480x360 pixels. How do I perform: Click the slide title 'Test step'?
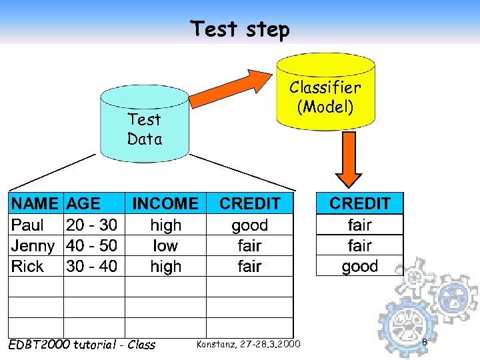[240, 29]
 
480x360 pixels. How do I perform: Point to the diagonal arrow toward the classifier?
[230, 89]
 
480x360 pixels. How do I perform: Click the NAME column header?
[35, 203]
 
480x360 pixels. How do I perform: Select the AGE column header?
[85, 203]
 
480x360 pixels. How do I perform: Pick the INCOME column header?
[166, 203]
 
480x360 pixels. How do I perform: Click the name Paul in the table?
[28, 225]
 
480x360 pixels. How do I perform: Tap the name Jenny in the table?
[33, 245]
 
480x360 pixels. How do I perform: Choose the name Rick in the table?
[28, 266]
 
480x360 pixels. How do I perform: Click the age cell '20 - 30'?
[92, 225]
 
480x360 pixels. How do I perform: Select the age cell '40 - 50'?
[92, 245]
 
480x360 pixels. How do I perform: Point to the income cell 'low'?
[166, 245]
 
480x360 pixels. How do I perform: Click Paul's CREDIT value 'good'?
[249, 225]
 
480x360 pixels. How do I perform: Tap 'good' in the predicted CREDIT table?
[359, 266]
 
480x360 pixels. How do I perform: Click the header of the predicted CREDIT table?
[359, 203]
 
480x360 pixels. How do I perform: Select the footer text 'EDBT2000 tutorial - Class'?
[81, 344]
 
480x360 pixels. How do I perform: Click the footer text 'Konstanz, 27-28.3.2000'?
[248, 344]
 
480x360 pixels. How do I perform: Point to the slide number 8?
[424, 342]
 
